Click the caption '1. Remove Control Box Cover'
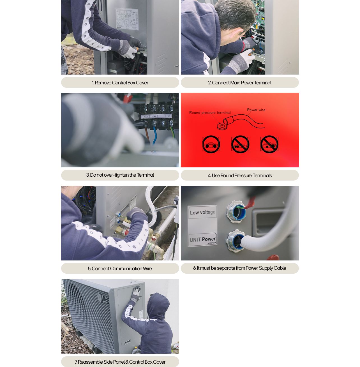click(120, 83)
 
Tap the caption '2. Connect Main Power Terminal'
click(239, 83)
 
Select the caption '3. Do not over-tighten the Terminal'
click(120, 175)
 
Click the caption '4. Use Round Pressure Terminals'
click(239, 176)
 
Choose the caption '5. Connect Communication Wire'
click(120, 269)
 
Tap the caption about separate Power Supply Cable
click(239, 268)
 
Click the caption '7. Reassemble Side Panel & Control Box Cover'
click(120, 362)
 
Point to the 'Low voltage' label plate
click(202, 212)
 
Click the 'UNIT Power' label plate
click(202, 239)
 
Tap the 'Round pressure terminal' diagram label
click(210, 113)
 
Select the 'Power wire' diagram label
click(256, 110)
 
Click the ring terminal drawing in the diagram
click(222, 126)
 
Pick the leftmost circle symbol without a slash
click(211, 144)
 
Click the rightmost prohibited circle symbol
click(269, 144)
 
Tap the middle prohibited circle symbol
click(240, 144)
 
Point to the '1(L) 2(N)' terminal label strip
click(149, 116)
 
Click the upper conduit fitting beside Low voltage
click(237, 212)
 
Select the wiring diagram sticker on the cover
click(127, 19)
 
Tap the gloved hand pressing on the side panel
click(136, 293)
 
